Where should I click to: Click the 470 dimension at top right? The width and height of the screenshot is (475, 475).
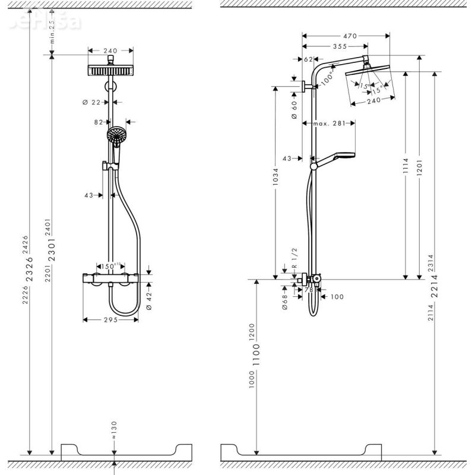point(350,37)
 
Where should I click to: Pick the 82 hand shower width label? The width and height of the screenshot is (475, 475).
point(99,122)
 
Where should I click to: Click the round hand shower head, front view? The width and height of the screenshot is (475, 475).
point(116,135)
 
